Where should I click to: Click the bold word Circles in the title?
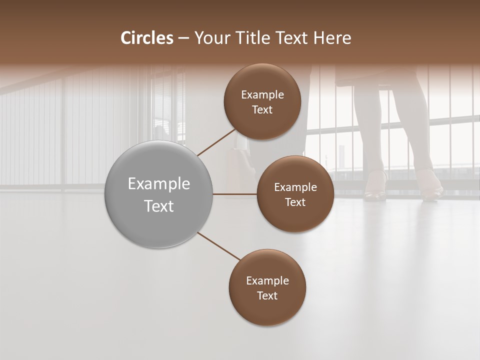[147, 38]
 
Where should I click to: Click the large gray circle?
[158, 194]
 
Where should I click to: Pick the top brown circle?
[262, 102]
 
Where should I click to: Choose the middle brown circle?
[295, 194]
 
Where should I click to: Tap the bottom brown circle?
[267, 287]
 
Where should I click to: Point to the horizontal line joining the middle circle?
[234, 194]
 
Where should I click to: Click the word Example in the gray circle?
[158, 184]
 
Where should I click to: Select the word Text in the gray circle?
[158, 206]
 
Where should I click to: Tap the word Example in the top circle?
[262, 95]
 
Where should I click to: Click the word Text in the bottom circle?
[267, 295]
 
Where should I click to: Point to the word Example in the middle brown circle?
[295, 187]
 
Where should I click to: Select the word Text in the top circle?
[262, 110]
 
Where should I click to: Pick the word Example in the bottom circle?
[267, 280]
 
